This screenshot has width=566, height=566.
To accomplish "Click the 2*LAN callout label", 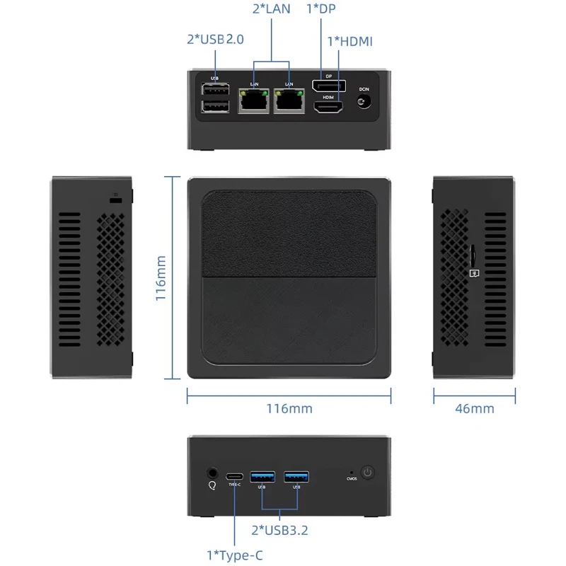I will (x=271, y=10).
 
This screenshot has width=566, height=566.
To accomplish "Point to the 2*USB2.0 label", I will (x=215, y=40).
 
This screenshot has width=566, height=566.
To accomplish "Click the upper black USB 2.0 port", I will (x=215, y=91).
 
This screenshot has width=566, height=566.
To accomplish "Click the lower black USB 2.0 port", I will (x=215, y=106).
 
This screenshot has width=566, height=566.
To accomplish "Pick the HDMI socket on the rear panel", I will (x=328, y=109).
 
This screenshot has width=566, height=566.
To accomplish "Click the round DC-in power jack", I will (x=364, y=103).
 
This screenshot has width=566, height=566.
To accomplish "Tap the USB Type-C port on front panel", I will (x=235, y=476).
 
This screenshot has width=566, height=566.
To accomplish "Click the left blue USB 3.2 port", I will (x=262, y=476).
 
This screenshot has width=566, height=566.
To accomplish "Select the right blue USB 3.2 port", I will (x=296, y=476).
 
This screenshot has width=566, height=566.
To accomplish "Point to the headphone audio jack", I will (x=211, y=472).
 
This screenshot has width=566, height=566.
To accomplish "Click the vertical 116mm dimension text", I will (x=161, y=279).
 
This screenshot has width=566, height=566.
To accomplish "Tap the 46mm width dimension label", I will (x=474, y=408).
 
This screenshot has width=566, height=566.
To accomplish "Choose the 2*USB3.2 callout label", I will (x=279, y=529).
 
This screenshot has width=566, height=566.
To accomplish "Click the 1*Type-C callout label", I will (x=234, y=555).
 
